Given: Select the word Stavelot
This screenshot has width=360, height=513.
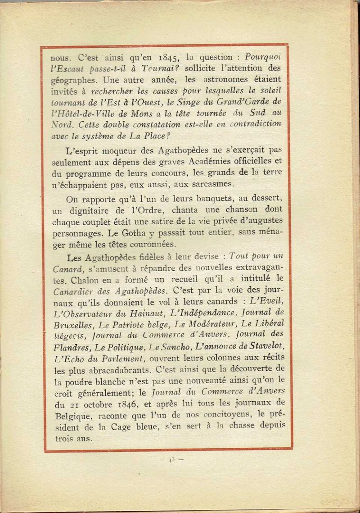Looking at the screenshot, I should (x=264, y=346).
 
